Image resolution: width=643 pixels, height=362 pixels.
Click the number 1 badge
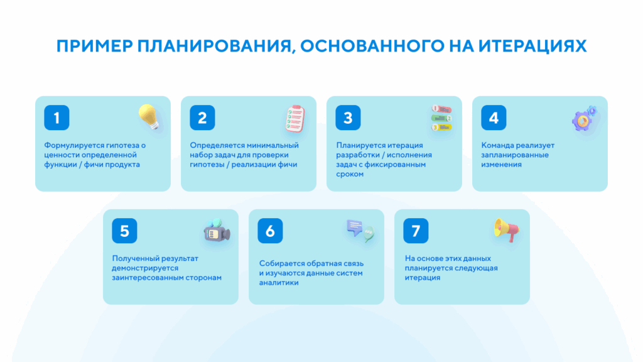(57, 118)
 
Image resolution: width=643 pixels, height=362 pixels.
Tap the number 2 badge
(202, 118)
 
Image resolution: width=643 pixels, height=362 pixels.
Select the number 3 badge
(348, 118)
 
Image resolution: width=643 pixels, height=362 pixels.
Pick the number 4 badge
(494, 118)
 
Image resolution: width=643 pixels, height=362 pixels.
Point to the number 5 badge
(124, 231)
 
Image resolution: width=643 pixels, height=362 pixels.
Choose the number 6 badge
(270, 231)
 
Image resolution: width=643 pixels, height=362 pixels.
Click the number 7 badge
(416, 231)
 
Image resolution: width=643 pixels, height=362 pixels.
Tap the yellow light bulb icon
(149, 118)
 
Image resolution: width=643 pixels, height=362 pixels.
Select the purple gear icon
(585, 119)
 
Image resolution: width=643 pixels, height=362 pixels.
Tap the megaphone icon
(506, 230)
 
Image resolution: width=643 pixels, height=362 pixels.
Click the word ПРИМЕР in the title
(94, 47)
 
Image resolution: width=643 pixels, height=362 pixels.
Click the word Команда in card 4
(499, 145)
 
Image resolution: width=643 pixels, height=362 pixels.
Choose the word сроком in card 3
(350, 174)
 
